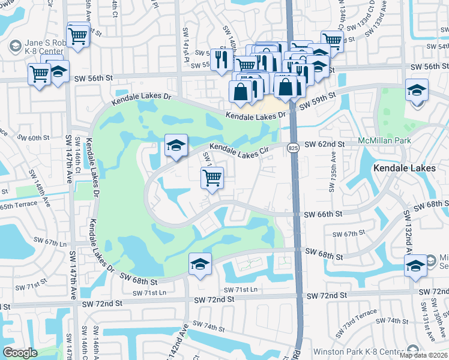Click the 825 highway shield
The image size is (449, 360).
tap(292, 148)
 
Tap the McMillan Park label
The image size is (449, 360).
tap(385, 140)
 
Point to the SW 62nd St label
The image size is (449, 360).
tap(324, 145)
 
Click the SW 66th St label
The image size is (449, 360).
tap(322, 214)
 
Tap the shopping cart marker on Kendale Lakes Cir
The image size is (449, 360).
tap(212, 178)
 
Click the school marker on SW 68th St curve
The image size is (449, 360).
tap(200, 264)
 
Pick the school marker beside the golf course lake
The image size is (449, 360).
tap(175, 146)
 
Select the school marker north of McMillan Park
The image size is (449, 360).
tap(417, 91)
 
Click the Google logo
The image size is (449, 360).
tap(20, 352)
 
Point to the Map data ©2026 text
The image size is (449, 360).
tap(423, 355)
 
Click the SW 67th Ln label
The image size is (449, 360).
tap(49, 242)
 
